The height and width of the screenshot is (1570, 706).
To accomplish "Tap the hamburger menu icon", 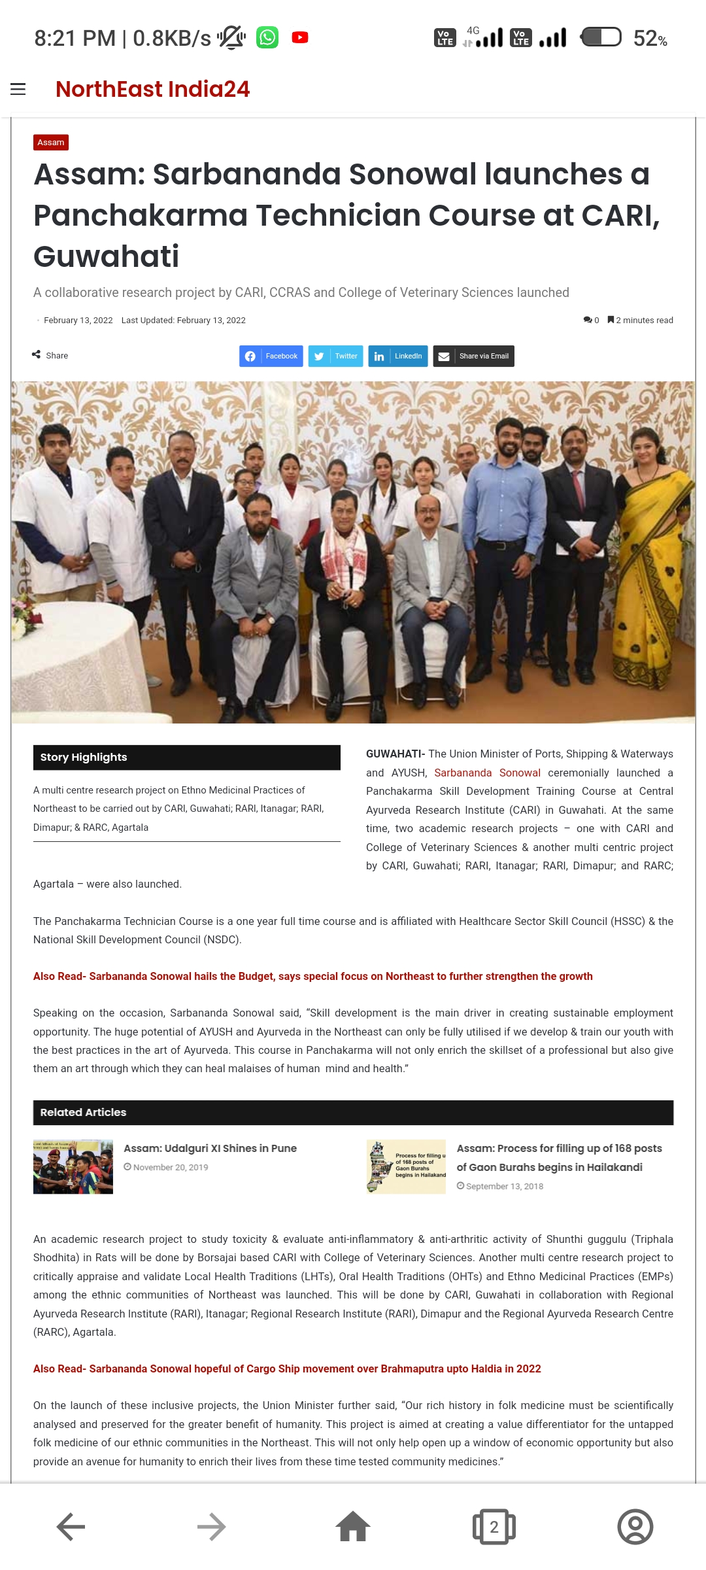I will pyautogui.click(x=18, y=90).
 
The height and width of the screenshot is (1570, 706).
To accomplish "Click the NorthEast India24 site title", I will pyautogui.click(x=152, y=89).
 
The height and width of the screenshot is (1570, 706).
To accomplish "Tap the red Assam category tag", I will pyautogui.click(x=51, y=143).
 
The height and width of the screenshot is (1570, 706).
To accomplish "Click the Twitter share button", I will pyautogui.click(x=335, y=356).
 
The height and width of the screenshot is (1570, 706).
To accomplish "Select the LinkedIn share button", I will pyautogui.click(x=397, y=356).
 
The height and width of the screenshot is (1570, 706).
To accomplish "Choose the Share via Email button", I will pyautogui.click(x=473, y=356).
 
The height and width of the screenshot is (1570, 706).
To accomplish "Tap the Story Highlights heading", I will pyautogui.click(x=84, y=757).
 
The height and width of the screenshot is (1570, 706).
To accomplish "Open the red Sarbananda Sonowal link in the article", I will pyautogui.click(x=487, y=773).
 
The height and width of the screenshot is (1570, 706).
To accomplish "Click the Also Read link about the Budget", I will pyautogui.click(x=313, y=976).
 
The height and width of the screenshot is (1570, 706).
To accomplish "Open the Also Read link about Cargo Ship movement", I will pyautogui.click(x=287, y=1369).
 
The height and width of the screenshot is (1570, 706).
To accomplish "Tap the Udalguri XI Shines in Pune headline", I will pyautogui.click(x=210, y=1148).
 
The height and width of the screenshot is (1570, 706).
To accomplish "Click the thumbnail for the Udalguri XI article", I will pyautogui.click(x=73, y=1167).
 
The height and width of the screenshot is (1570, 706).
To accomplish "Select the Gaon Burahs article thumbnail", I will pyautogui.click(x=406, y=1167).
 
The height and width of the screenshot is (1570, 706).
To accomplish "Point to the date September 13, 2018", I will pyautogui.click(x=504, y=1186).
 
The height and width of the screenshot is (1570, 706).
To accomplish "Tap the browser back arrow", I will pyautogui.click(x=71, y=1527).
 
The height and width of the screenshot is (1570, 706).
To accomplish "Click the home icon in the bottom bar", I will pyautogui.click(x=353, y=1527).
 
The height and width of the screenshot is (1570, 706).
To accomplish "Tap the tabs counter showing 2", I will pyautogui.click(x=494, y=1527).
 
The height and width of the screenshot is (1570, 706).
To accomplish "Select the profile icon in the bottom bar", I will pyautogui.click(x=635, y=1527).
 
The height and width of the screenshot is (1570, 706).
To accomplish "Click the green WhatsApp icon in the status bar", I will pyautogui.click(x=267, y=37).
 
